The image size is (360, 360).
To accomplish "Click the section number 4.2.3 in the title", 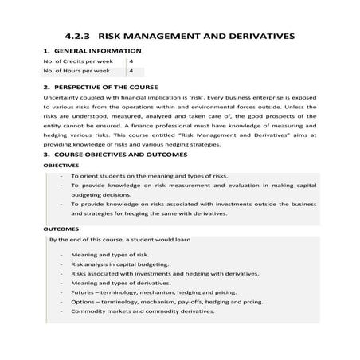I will (x=79, y=36).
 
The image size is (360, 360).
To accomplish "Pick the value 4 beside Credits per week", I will (x=131, y=61).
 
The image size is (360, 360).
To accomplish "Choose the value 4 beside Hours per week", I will (x=131, y=71).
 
